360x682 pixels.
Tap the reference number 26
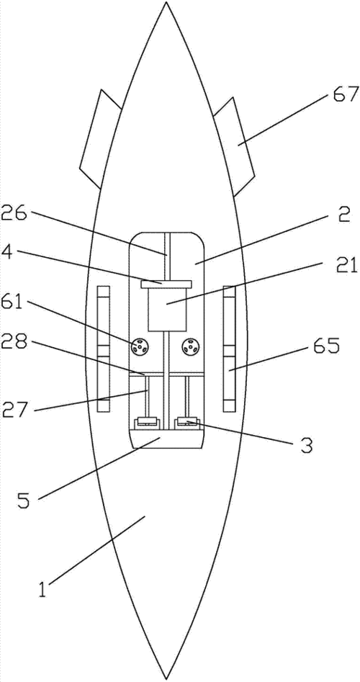tap(16, 215)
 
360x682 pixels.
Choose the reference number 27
tap(16, 409)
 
